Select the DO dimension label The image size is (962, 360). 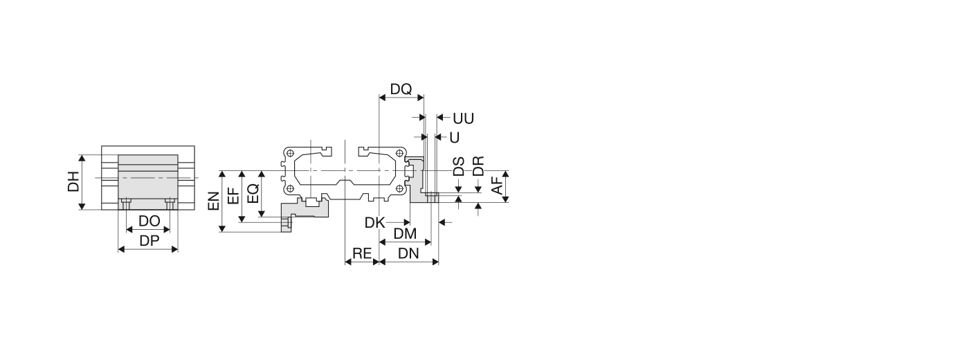pyautogui.click(x=149, y=222)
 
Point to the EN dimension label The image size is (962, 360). pyautogui.click(x=213, y=201)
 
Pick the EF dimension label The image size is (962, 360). pyautogui.click(x=233, y=195)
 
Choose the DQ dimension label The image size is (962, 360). pyautogui.click(x=401, y=89)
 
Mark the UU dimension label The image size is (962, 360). pyautogui.click(x=463, y=118)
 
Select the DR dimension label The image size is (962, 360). pyautogui.click(x=478, y=166)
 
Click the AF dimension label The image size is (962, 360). pyautogui.click(x=496, y=185)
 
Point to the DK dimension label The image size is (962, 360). pyautogui.click(x=374, y=222)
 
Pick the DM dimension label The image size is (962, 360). pyautogui.click(x=405, y=234)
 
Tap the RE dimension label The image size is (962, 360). pyautogui.click(x=362, y=253)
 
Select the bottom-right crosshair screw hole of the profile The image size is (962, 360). pyautogui.click(x=401, y=188)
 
